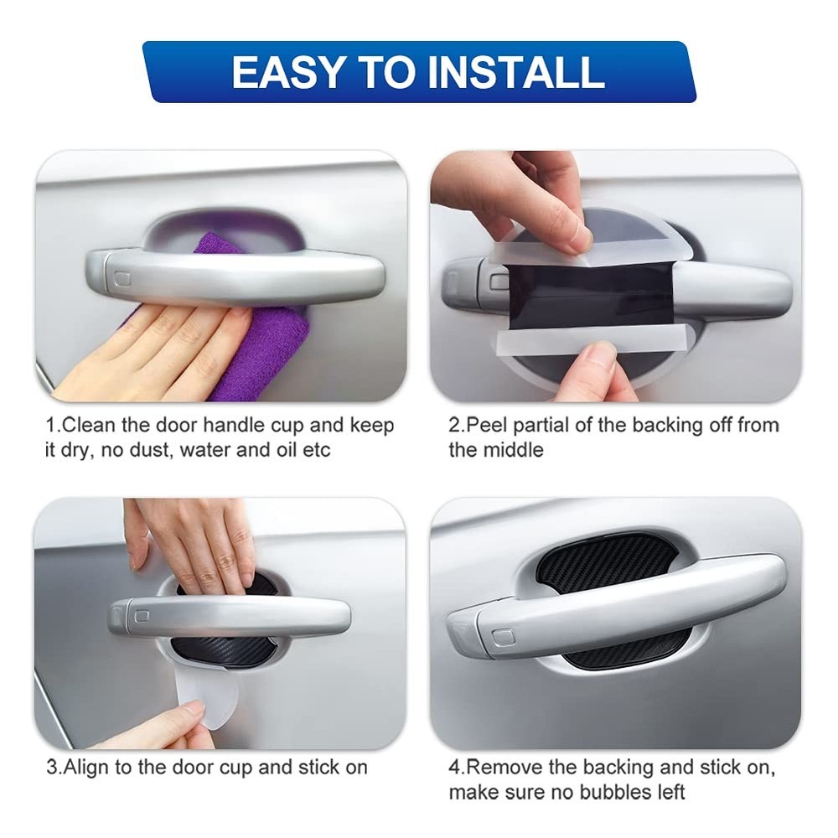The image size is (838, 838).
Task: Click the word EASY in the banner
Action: [287, 72]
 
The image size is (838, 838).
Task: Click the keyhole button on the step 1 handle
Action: [123, 279]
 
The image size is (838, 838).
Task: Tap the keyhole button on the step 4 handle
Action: [502, 637]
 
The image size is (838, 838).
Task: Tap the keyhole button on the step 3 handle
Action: [142, 616]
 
